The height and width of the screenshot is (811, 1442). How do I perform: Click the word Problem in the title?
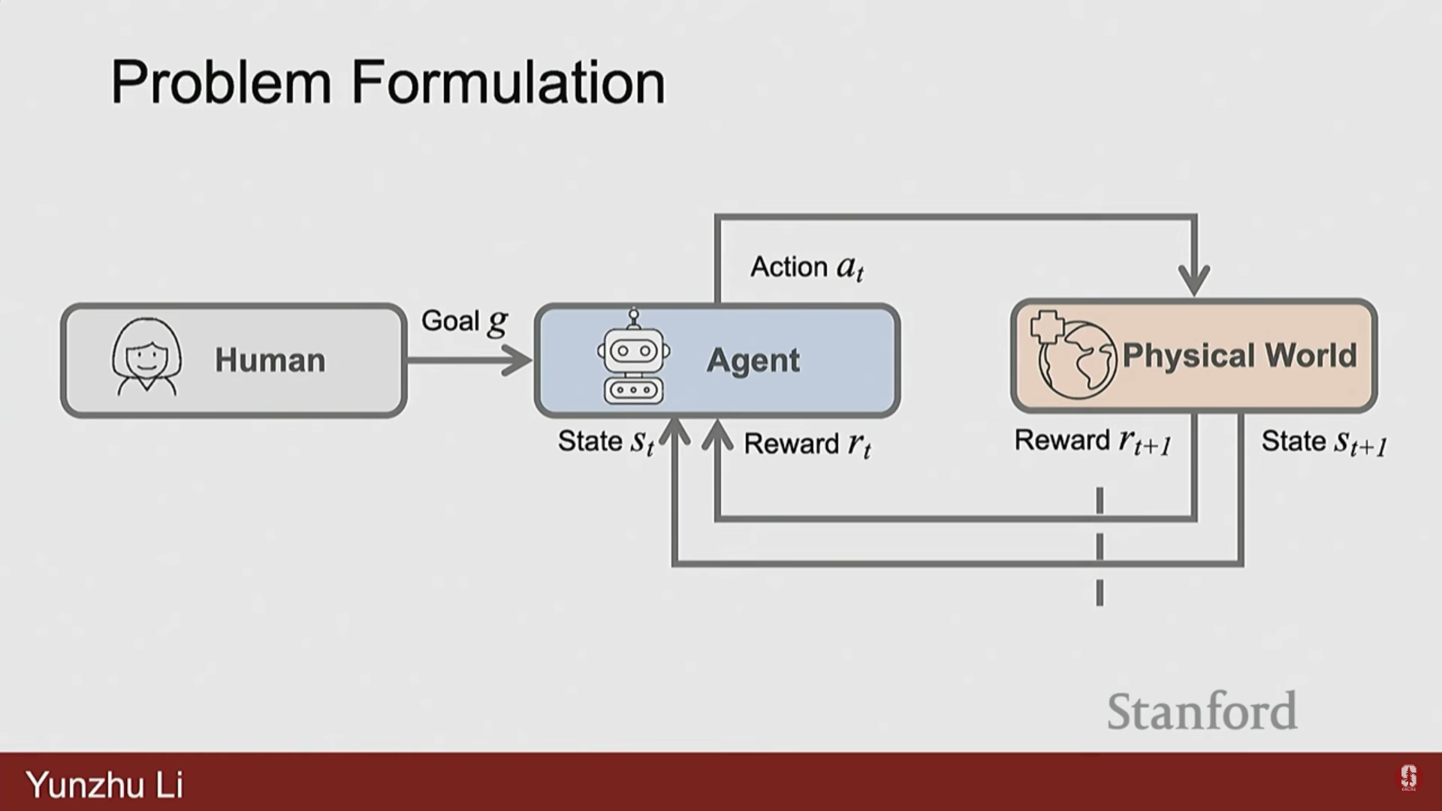tap(221, 83)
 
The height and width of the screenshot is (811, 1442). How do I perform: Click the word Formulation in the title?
tap(508, 83)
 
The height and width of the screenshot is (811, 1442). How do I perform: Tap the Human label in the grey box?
tap(270, 360)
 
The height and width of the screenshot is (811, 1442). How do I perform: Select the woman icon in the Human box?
tap(146, 357)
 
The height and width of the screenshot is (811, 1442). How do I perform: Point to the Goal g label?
tap(464, 321)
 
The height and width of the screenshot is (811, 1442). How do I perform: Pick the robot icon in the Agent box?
tap(634, 359)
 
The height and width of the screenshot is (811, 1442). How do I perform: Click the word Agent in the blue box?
tap(753, 360)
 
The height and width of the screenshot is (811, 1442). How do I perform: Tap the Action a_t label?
tap(807, 267)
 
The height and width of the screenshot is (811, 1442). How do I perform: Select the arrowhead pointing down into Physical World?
tap(1194, 280)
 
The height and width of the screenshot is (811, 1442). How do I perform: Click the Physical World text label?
tap(1239, 355)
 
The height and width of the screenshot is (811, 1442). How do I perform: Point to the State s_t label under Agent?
tap(605, 442)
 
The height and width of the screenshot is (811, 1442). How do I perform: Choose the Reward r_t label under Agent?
tap(807, 444)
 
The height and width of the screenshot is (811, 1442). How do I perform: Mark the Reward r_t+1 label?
tap(1093, 442)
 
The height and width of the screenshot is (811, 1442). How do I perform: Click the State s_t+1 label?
tap(1323, 442)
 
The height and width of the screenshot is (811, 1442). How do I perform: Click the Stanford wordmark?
tap(1202, 711)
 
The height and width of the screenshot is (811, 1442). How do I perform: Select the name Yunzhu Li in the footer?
tap(104, 785)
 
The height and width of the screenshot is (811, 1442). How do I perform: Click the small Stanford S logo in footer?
tap(1408, 778)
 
